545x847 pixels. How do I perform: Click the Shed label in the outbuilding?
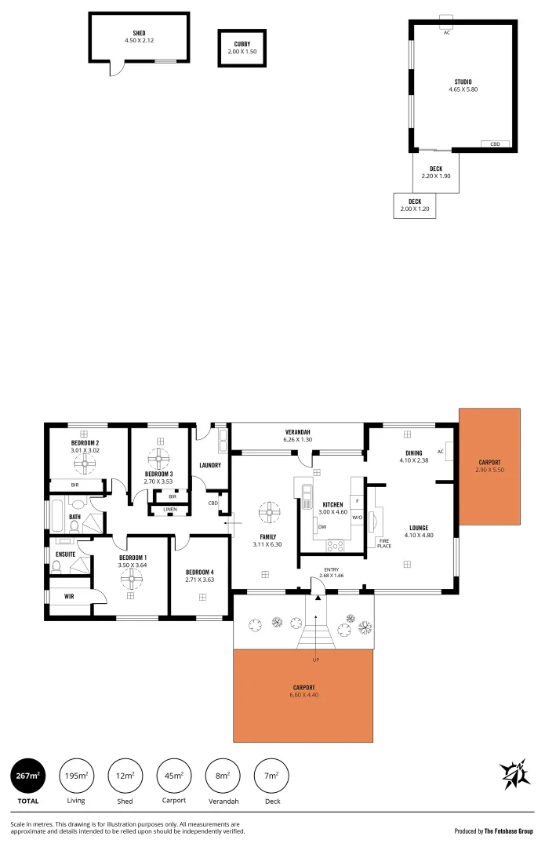pyautogui.click(x=139, y=34)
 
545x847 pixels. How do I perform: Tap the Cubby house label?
pyautogui.click(x=242, y=44)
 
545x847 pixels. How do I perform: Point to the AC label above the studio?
pyautogui.click(x=447, y=33)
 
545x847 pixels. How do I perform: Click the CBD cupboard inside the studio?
pyautogui.click(x=495, y=144)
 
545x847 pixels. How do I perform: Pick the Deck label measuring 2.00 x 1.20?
pyautogui.click(x=414, y=202)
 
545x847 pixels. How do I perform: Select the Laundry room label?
pyautogui.click(x=210, y=465)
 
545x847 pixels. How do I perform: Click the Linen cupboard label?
pyautogui.click(x=170, y=510)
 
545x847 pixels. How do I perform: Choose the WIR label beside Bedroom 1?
pyautogui.click(x=69, y=596)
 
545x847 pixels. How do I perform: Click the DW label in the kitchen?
pyautogui.click(x=322, y=527)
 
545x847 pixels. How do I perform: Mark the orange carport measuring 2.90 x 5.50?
pyautogui.click(x=489, y=466)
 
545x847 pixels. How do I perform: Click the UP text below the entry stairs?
pyautogui.click(x=316, y=660)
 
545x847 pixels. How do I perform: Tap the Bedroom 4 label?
pyautogui.click(x=199, y=572)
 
